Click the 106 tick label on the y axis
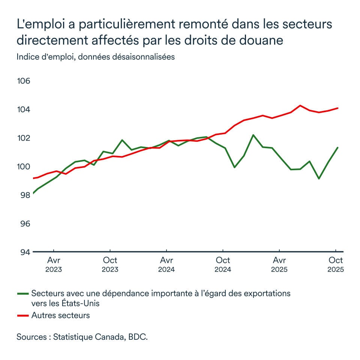coord(24,81)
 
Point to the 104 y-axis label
coord(24,110)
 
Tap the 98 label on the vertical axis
coord(24,195)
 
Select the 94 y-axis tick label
coord(24,252)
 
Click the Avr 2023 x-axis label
coord(54,264)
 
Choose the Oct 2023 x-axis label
coord(110,264)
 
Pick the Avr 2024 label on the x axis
coord(166,264)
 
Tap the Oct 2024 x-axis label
coord(223,264)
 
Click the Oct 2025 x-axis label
coord(336,264)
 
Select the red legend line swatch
coord(23,316)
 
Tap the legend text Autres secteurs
coord(61,315)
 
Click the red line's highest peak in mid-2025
coord(300,105)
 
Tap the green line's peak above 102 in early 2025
coord(253,135)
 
